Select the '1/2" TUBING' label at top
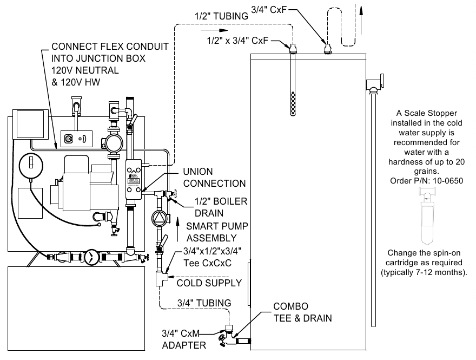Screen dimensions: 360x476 222,16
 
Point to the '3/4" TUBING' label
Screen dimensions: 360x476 204,303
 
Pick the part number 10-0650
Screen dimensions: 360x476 441,181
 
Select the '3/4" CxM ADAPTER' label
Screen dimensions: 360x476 184,338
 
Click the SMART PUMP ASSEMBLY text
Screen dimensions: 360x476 211,231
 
